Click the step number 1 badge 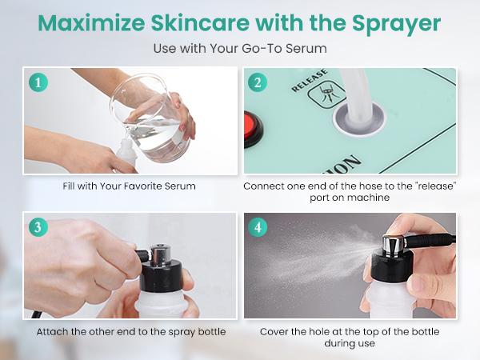pos(38,82)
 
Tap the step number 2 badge pos(258,82)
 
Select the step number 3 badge pos(38,227)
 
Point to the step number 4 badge pos(258,227)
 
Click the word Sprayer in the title pos(397,24)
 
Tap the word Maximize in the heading pos(91,23)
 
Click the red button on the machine pos(252,130)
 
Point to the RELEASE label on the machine pos(310,81)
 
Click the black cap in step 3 pos(161,275)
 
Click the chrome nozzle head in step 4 pos(394,244)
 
